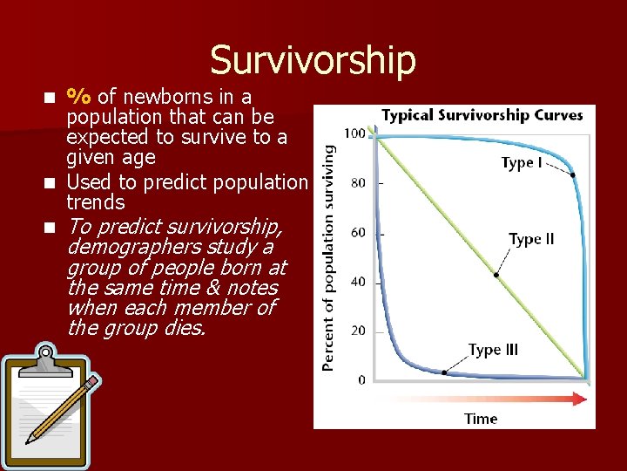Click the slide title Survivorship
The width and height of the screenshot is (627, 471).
[313, 59]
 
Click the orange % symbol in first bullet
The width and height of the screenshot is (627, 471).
[81, 96]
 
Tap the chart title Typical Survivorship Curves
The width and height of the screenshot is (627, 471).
[482, 115]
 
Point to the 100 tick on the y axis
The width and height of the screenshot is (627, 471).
[354, 133]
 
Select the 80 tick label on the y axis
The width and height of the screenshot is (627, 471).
[357, 183]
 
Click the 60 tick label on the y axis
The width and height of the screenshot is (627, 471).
[357, 233]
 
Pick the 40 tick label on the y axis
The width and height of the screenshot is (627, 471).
[357, 282]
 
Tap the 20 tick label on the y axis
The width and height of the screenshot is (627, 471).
[357, 331]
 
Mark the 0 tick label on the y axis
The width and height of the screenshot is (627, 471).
[361, 380]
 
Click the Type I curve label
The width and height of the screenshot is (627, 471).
[522, 163]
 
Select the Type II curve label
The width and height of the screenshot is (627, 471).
[531, 239]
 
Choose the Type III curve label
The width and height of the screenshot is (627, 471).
[493, 350]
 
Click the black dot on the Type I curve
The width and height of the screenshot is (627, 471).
[573, 175]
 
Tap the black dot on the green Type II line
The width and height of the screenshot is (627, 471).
[496, 275]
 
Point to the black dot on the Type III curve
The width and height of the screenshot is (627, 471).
[444, 372]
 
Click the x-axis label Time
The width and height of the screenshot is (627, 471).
[481, 419]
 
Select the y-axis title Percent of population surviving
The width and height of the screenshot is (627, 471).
[329, 258]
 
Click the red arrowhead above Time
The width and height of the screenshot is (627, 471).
[581, 399]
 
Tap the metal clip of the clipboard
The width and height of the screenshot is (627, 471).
[44, 355]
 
